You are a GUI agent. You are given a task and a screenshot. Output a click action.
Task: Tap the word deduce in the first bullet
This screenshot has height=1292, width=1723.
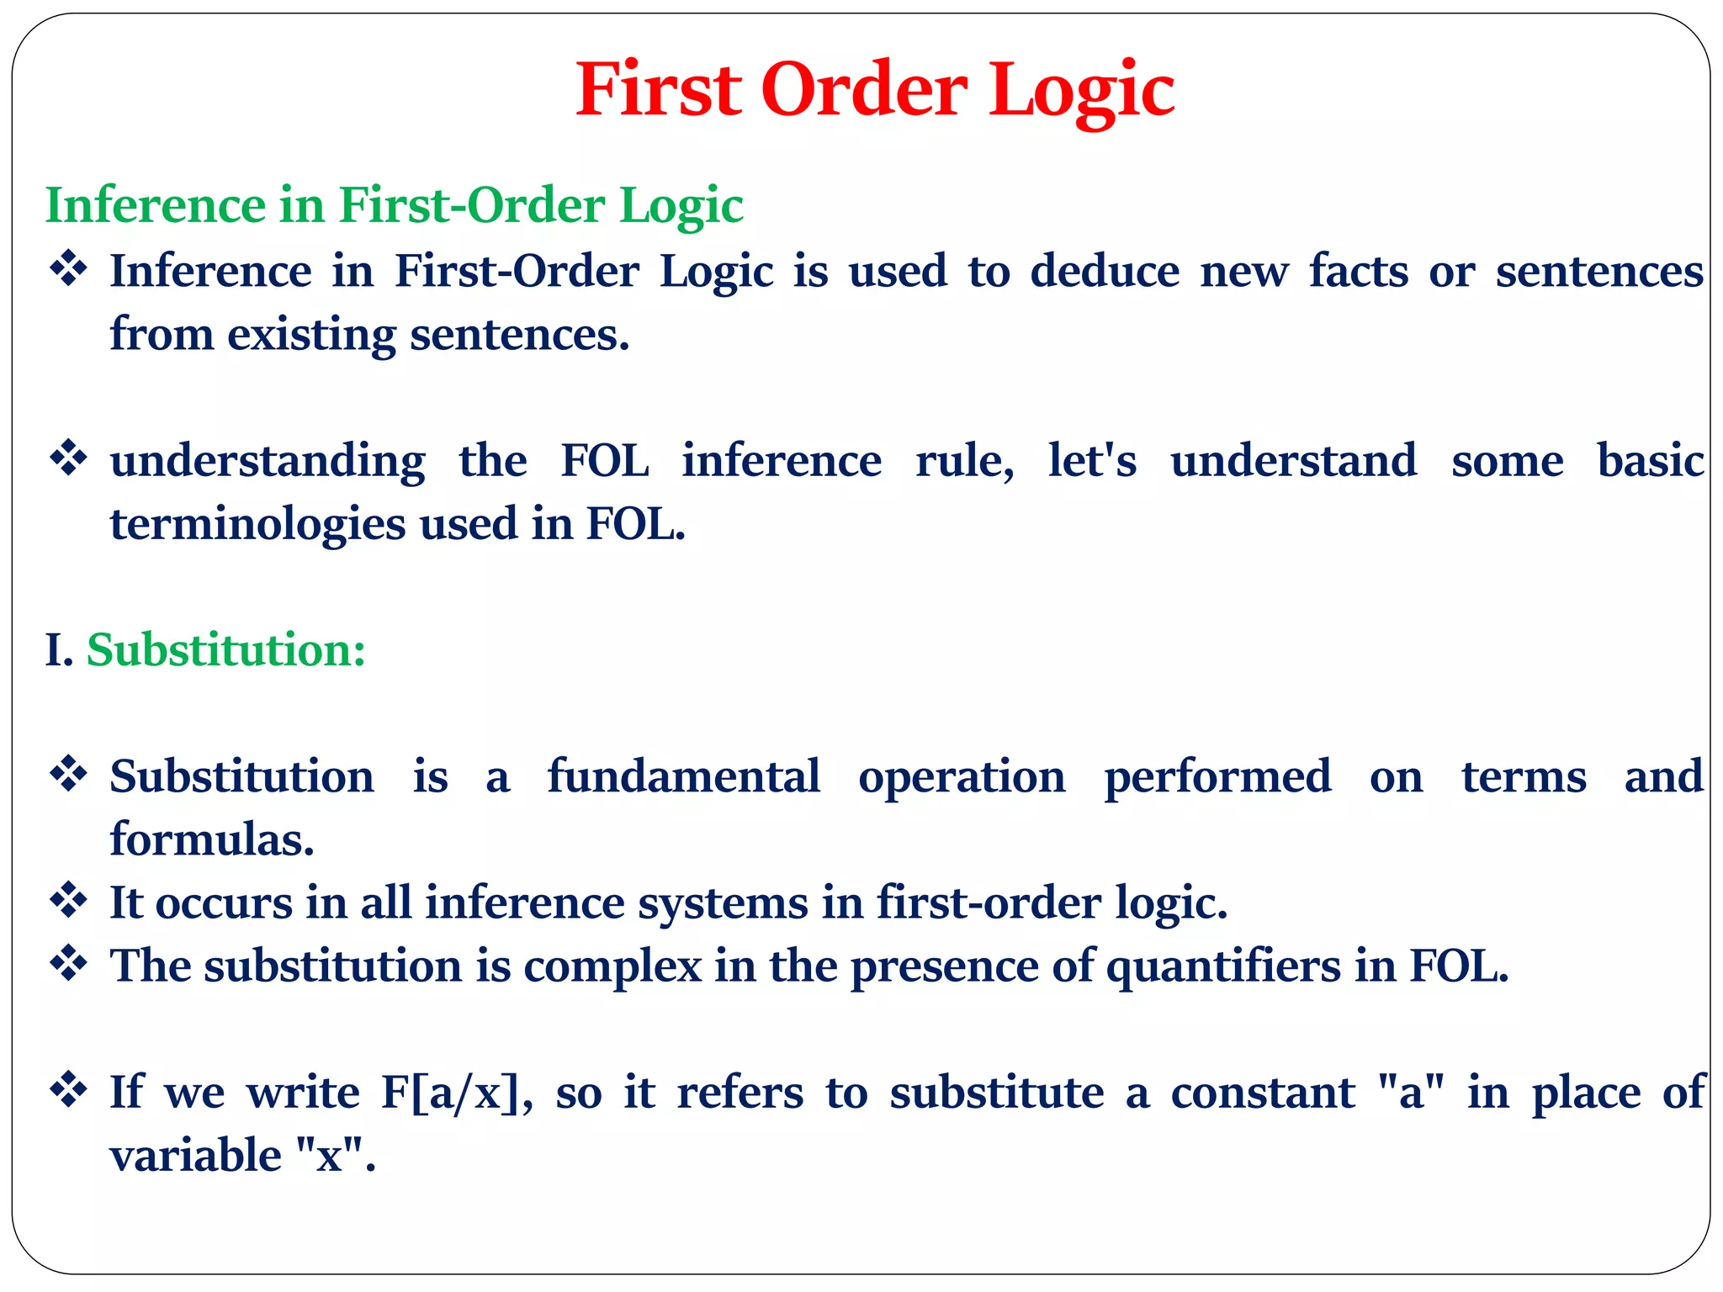1105,271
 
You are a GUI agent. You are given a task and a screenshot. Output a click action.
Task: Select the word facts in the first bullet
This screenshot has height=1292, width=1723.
1358,271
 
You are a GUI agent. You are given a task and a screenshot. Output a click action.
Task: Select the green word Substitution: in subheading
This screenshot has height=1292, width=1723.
226,650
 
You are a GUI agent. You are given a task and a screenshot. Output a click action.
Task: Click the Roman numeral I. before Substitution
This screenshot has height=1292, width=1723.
58,650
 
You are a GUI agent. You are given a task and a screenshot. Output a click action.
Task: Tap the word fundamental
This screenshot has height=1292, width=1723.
683,776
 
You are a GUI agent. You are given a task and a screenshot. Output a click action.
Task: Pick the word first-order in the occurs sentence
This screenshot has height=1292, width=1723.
989,903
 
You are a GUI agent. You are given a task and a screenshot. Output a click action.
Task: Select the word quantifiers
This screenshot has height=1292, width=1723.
1222,966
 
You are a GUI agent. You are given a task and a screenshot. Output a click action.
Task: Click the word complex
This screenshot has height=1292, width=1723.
612,966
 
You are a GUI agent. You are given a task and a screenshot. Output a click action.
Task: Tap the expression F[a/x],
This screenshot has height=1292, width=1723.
456,1093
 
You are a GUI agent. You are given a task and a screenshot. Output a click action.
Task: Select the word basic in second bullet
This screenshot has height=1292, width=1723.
1650,460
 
